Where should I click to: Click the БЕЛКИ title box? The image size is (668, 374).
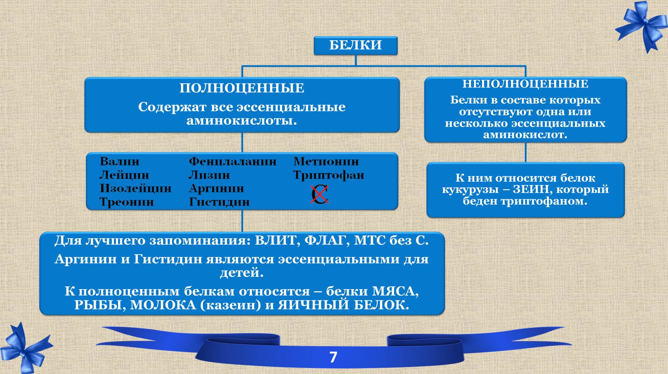click(356, 45)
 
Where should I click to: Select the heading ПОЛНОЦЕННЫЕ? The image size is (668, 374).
click(242, 88)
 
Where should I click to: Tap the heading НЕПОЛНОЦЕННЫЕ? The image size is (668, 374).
click(525, 84)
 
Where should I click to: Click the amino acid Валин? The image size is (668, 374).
click(119, 162)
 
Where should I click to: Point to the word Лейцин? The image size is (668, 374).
click(124, 175)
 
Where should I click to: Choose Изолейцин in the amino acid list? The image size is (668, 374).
click(135, 188)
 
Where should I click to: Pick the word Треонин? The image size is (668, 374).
click(127, 202)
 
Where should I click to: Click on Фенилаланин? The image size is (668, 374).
click(233, 162)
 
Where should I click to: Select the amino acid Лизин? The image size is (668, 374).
click(209, 175)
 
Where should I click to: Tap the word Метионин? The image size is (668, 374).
click(326, 162)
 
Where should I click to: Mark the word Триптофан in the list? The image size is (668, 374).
click(328, 175)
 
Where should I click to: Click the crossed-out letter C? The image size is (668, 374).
click(320, 194)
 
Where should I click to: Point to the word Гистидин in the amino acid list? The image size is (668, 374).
click(219, 202)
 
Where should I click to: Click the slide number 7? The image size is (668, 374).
click(333, 357)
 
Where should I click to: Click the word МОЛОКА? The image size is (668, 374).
click(163, 305)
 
